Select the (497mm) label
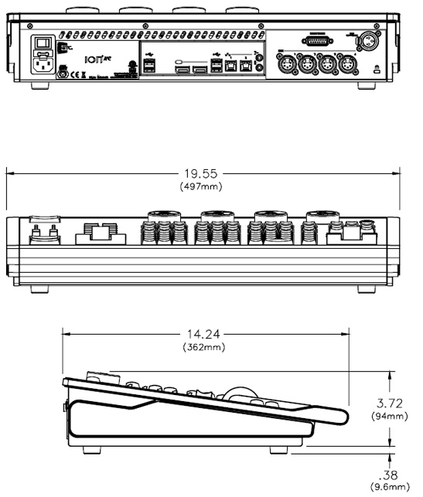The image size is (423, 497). click(x=200, y=187)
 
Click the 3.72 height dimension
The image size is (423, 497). click(x=388, y=403)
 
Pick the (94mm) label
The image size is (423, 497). click(x=388, y=417)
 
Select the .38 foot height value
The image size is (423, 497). click(x=390, y=475)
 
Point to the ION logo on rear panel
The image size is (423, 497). click(x=94, y=57)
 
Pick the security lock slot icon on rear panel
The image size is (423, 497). click(x=377, y=69)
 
